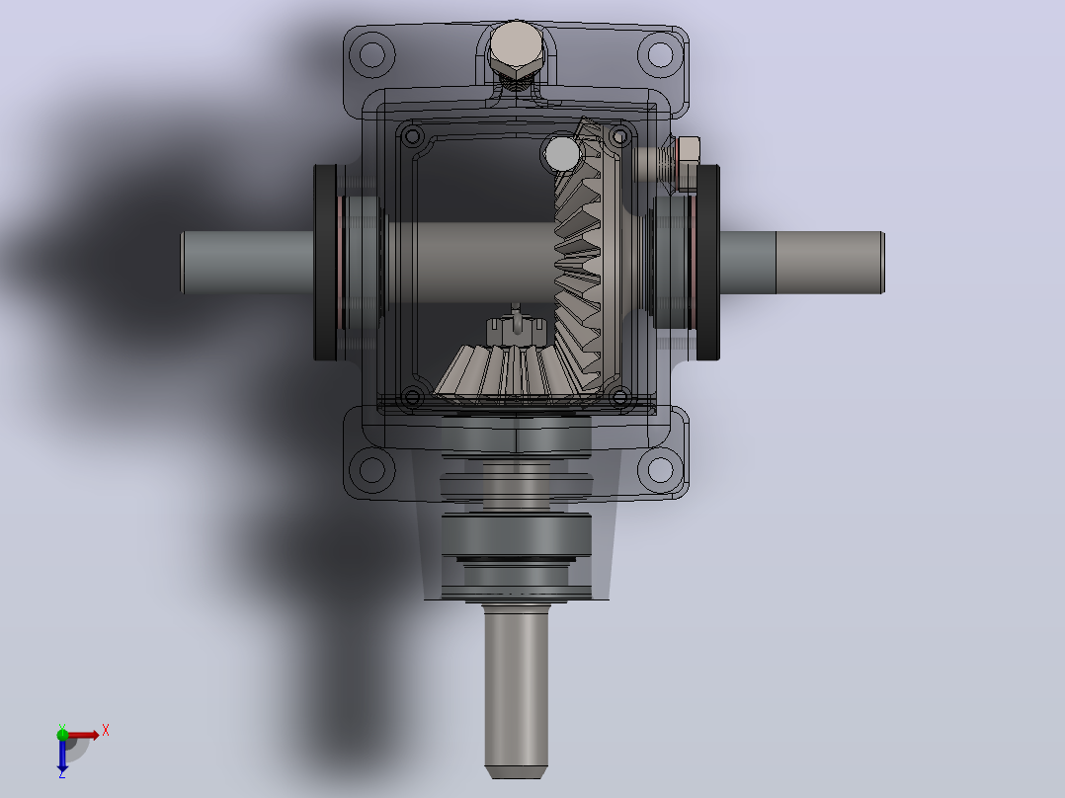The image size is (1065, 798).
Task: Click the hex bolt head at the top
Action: click(x=516, y=50)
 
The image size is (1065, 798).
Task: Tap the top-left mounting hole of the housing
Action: click(x=371, y=54)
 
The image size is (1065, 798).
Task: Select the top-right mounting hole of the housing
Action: click(x=660, y=54)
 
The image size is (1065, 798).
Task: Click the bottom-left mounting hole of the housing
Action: click(x=371, y=468)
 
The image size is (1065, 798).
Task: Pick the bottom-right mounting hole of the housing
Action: click(x=660, y=468)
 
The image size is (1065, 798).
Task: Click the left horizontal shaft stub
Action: click(x=248, y=263)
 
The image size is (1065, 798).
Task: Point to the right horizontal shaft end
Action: click(x=802, y=263)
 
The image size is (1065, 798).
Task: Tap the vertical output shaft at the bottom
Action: click(x=516, y=690)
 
